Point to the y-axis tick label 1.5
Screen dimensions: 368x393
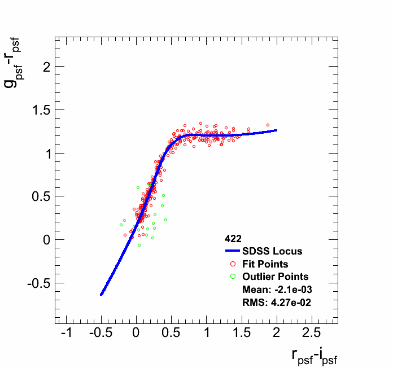click(x=38, y=110)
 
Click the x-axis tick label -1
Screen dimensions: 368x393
click(x=66, y=332)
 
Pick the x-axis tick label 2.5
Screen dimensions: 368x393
click(x=312, y=332)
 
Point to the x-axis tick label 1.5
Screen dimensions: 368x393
click(x=242, y=332)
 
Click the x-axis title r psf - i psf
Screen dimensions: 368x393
click(x=314, y=356)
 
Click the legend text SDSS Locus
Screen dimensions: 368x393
click(x=272, y=251)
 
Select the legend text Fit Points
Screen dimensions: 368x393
click(x=265, y=264)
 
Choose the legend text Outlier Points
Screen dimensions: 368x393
click(x=276, y=277)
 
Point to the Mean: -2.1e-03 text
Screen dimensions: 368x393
click(x=277, y=290)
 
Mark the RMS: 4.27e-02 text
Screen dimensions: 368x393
click(x=277, y=303)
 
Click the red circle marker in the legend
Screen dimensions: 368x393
click(x=232, y=264)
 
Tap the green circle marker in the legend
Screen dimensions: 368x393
click(x=232, y=277)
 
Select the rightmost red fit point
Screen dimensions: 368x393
click(x=268, y=125)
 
